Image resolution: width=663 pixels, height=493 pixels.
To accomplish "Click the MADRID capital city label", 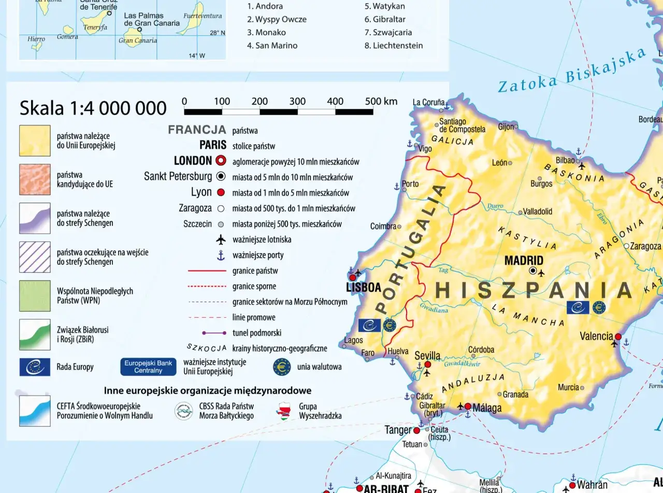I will coord(524,261).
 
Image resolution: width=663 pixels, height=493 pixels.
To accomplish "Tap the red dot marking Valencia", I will coord(618,336).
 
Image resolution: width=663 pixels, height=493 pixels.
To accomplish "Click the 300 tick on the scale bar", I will coord(297,102).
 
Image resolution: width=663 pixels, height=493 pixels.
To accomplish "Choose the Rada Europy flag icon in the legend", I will coord(35,367).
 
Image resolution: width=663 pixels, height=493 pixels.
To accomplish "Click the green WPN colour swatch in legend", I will coord(35,295).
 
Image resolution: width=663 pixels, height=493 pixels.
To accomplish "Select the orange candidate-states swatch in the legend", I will coord(35,179).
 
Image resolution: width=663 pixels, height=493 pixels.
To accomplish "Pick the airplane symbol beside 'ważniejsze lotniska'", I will coord(221,240).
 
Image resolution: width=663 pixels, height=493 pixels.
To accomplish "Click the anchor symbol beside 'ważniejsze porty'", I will coord(221,255).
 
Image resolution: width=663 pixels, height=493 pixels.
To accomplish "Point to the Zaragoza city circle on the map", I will coord(626,246).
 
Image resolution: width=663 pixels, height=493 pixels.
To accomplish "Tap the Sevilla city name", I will coord(427,356).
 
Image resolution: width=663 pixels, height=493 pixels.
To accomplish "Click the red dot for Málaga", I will coord(468,406).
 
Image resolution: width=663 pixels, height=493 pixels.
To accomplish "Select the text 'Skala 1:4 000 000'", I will coord(93,108).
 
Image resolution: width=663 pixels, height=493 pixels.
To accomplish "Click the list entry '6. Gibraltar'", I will coord(385,19).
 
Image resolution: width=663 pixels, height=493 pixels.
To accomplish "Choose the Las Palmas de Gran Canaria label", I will coord(152,20).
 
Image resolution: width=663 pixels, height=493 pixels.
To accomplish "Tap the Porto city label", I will coord(410,184).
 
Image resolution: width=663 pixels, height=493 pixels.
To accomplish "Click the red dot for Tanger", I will coord(416,430).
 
